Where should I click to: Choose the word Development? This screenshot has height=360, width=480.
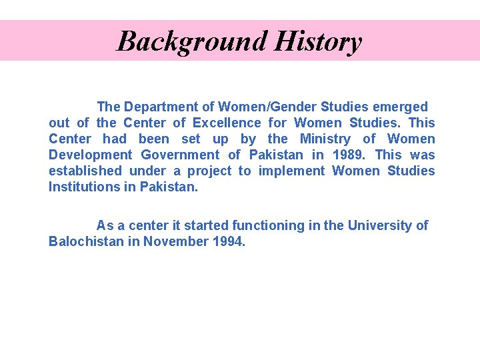90,155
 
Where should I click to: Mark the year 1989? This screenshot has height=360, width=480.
347,155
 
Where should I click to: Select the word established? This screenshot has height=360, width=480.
85,171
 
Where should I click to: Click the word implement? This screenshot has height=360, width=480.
291,171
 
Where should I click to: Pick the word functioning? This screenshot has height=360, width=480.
267,225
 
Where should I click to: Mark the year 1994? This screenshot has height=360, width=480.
230,241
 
